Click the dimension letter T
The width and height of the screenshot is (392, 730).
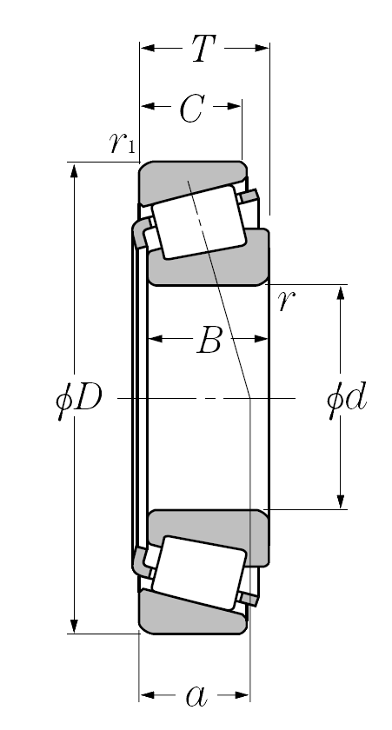coord(203,48)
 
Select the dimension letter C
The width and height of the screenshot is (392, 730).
coord(192,109)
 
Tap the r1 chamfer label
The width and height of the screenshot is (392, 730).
coord(122,143)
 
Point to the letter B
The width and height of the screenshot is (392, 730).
coord(209,341)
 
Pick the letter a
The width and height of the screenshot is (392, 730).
coord(196,696)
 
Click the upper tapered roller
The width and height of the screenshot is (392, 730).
coord(199,222)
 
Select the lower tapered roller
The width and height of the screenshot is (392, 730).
coord(199,573)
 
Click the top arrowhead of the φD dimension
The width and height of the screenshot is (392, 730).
coord(74,170)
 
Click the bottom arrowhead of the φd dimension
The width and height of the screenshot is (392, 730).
coord(341,501)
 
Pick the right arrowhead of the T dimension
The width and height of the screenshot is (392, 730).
coord(262,48)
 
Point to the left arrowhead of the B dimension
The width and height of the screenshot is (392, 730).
coord(155,338)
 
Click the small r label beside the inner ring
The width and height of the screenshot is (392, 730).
coord(286,301)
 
